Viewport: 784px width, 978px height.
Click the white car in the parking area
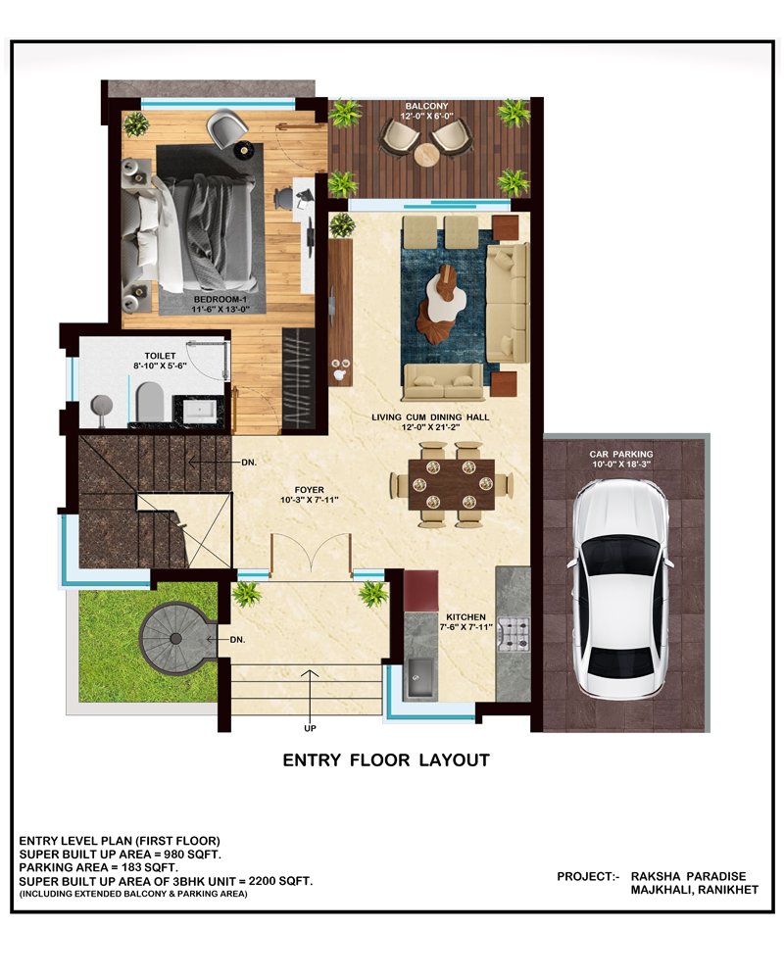click(x=620, y=588)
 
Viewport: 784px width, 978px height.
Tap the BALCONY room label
click(x=426, y=106)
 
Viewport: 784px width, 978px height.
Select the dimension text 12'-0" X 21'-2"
click(x=430, y=427)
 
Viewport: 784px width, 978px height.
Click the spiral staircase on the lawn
click(x=176, y=637)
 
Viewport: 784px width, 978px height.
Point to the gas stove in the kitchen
click(x=514, y=633)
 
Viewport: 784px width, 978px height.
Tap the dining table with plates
click(x=451, y=484)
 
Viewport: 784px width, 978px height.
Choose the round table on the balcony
click(x=427, y=155)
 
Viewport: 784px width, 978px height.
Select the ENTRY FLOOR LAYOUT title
click(x=386, y=760)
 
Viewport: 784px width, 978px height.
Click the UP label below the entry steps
click(x=310, y=728)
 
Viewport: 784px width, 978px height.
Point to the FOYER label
click(x=309, y=490)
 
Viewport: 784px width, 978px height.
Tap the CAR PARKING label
click(x=621, y=454)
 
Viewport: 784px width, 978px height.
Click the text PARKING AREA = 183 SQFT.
click(x=99, y=867)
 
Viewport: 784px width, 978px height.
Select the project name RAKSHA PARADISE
click(x=688, y=876)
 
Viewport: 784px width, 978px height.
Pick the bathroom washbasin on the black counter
click(x=199, y=411)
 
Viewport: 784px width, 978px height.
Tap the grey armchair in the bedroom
click(x=226, y=126)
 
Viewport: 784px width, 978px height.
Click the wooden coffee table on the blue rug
click(x=445, y=303)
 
